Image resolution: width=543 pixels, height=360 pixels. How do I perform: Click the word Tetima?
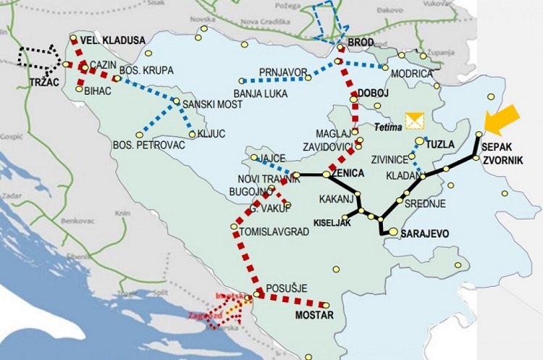click(x=389, y=126)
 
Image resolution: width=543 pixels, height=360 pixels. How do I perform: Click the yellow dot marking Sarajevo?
click(x=392, y=233)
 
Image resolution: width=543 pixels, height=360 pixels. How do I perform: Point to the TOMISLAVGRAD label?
click(x=276, y=233)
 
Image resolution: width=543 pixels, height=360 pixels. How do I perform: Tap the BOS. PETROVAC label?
click(x=149, y=146)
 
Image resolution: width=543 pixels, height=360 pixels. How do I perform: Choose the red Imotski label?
click(x=229, y=296)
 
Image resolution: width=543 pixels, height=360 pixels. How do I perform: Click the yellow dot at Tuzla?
click(x=419, y=142)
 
